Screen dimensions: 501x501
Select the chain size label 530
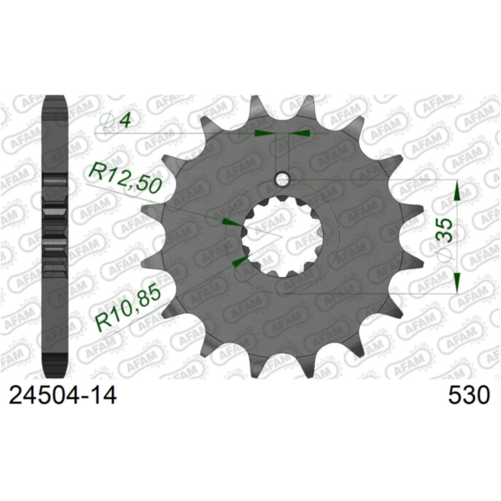click(467, 393)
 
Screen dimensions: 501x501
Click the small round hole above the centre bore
click(283, 179)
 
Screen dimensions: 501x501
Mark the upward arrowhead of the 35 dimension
click(457, 193)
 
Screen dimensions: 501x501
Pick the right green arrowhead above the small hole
click(301, 132)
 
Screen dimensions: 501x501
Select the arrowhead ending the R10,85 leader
click(240, 262)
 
